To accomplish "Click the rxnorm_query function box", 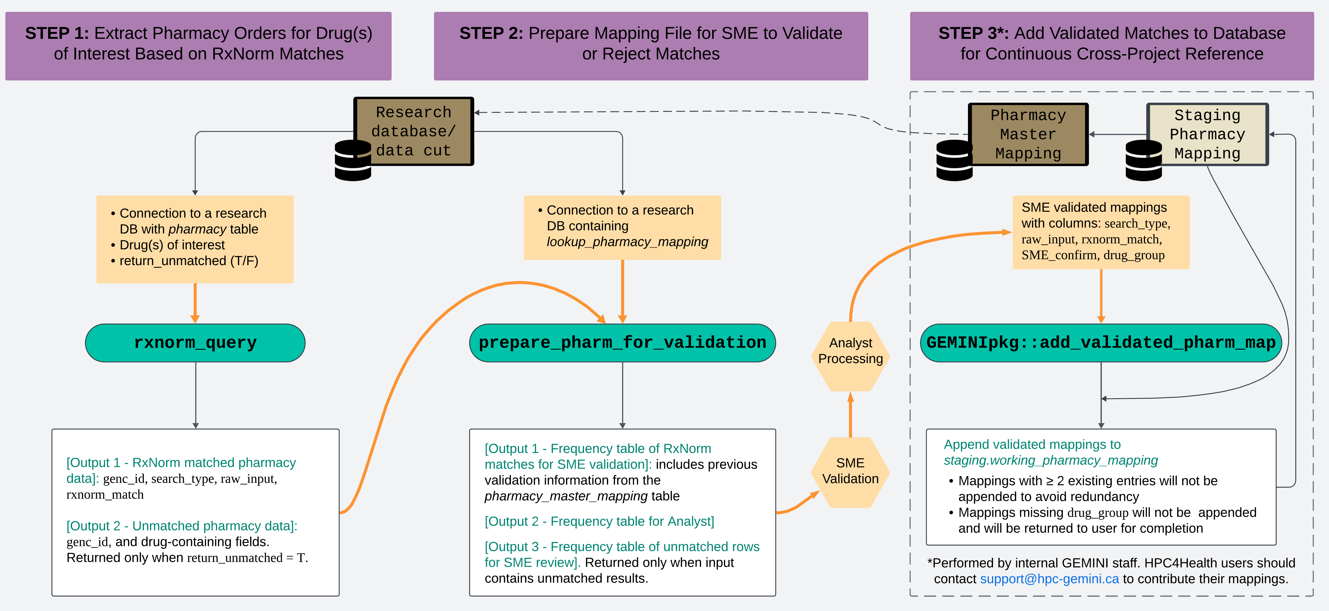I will tap(195, 343).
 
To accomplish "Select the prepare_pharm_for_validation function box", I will tap(622, 343).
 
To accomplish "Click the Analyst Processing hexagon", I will tap(850, 351).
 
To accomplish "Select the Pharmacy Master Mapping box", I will tap(1028, 134).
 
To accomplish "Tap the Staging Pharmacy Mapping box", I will tap(1207, 134).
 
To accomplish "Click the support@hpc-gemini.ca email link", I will tap(1049, 579).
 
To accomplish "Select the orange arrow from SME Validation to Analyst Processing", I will tap(850, 415).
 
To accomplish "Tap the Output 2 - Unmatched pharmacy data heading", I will tap(182, 526).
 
